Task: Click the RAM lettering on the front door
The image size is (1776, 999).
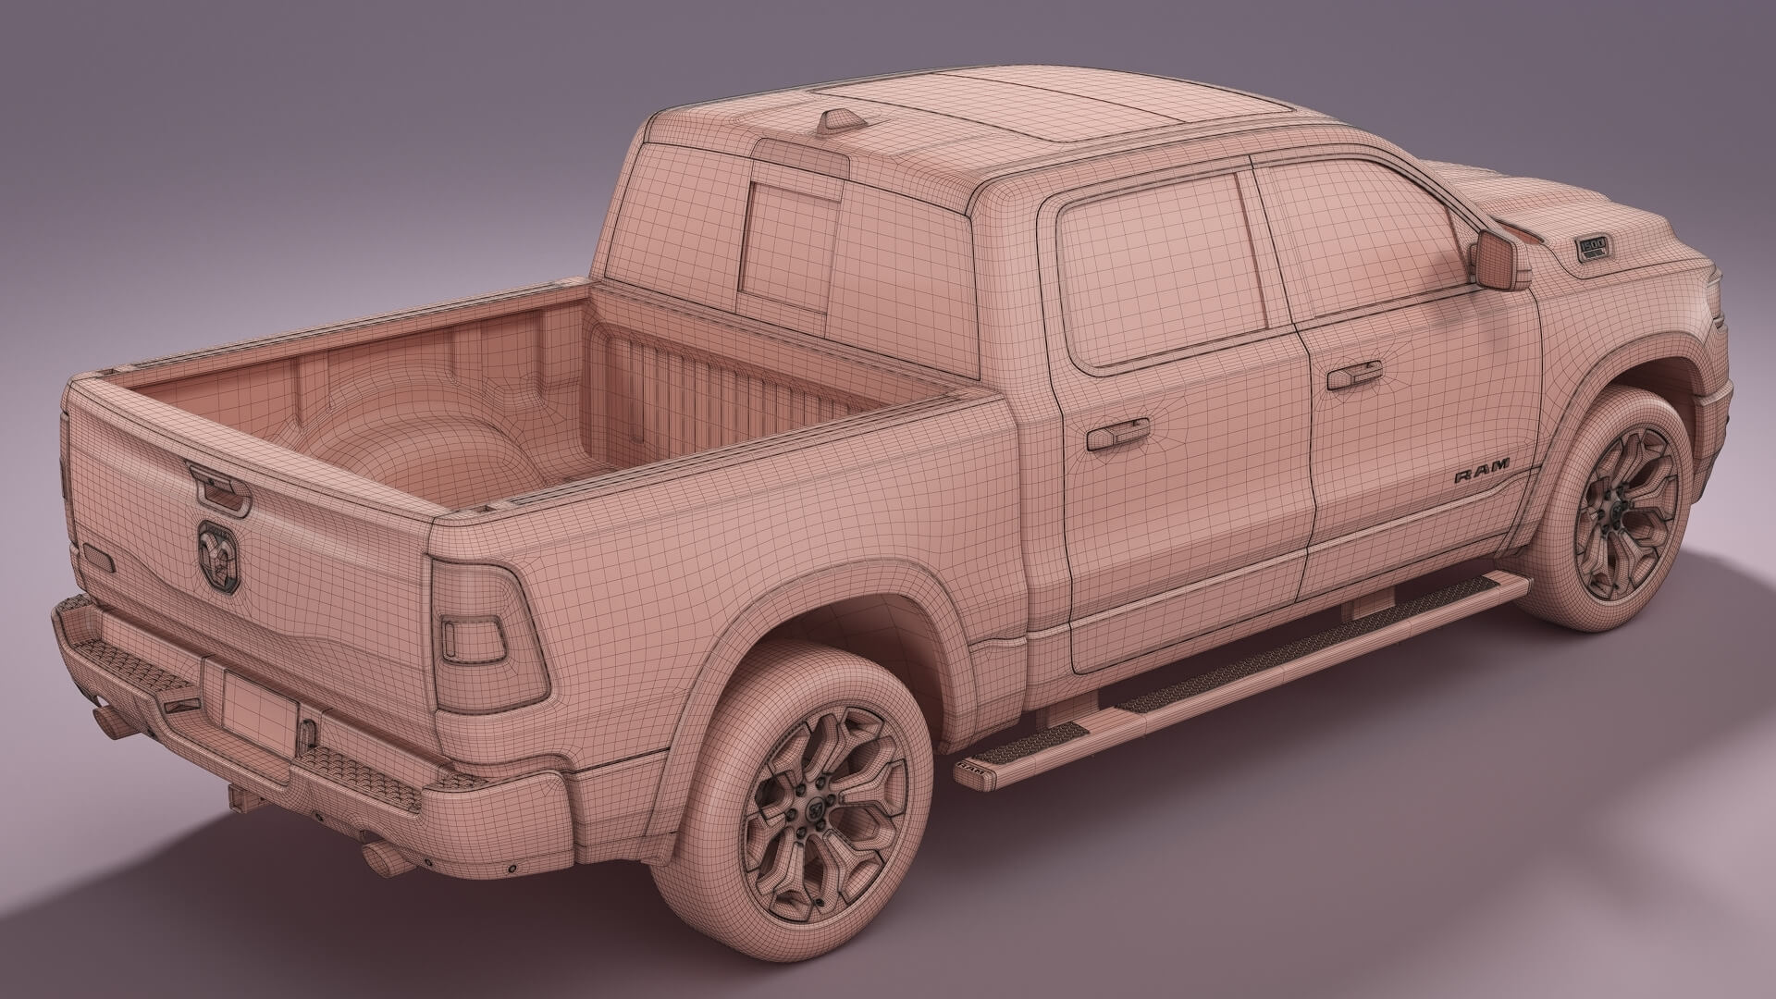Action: pyautogui.click(x=1481, y=472)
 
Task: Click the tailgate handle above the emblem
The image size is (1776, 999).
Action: pyautogui.click(x=219, y=490)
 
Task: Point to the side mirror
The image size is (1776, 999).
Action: pyautogui.click(x=1498, y=260)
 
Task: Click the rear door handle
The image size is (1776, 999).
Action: pyautogui.click(x=1117, y=434)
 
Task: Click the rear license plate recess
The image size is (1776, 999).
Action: pyautogui.click(x=258, y=703)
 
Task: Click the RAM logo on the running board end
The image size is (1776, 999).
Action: pyautogui.click(x=971, y=767)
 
